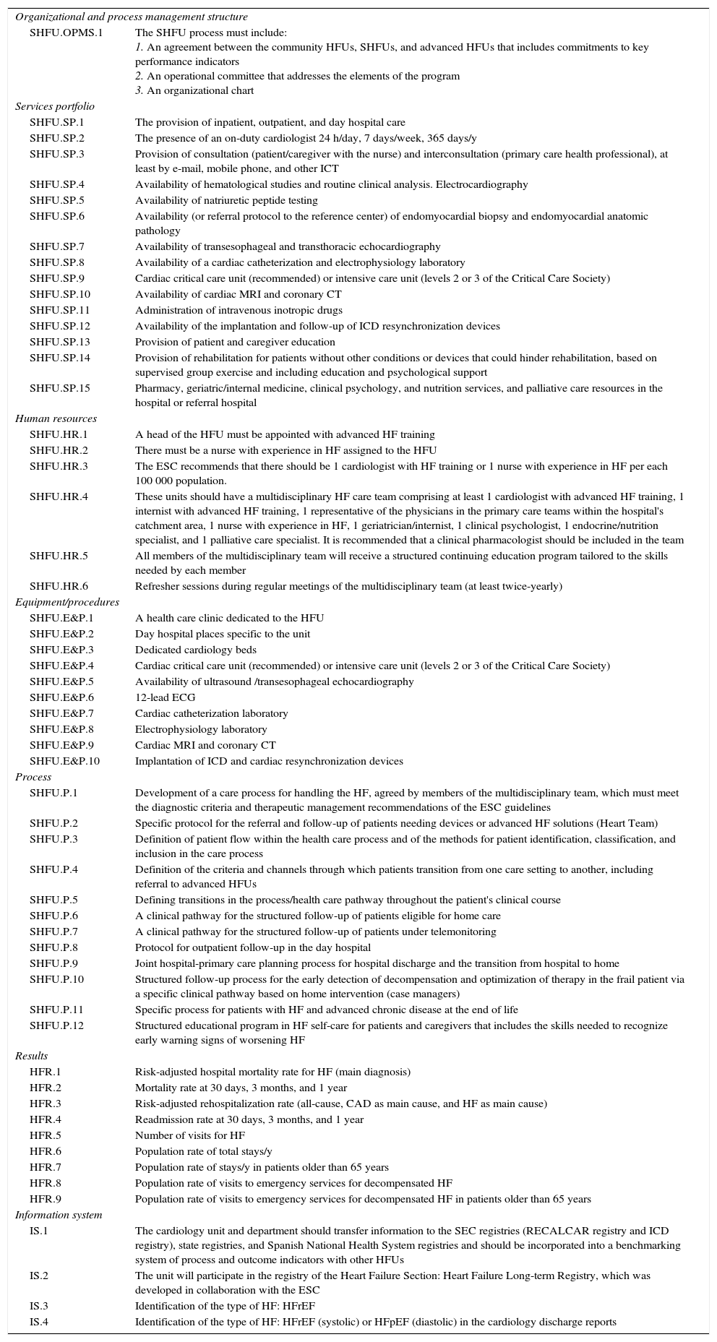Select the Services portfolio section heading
pos(55,106)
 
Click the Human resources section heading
pos(56,418)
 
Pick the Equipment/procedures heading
pos(67,602)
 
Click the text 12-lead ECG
pos(165,697)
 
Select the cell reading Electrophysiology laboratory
pos(201,729)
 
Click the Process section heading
pos(33,777)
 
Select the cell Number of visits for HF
pos(190,1135)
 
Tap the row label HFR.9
pos(46,1199)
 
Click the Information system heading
pos(59,1215)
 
